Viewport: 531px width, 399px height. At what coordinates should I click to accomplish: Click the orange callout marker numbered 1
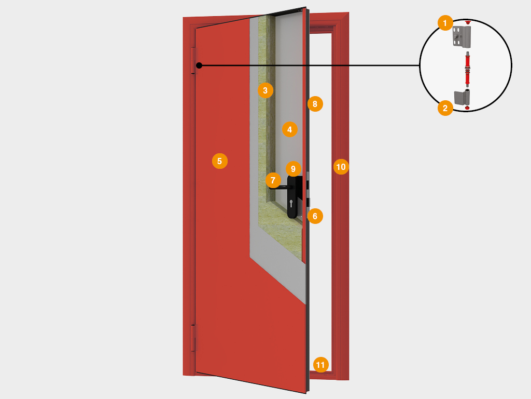tap(445, 23)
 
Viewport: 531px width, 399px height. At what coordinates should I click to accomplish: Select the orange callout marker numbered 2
tap(445, 108)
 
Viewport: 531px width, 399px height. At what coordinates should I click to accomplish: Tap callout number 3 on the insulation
tap(265, 90)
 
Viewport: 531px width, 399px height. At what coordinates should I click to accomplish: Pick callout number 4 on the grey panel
tap(289, 129)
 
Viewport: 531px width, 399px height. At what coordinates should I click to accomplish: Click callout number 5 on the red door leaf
tap(220, 161)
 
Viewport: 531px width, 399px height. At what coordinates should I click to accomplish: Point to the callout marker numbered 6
tap(315, 216)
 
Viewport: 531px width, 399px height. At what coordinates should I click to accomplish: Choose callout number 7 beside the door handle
tap(273, 180)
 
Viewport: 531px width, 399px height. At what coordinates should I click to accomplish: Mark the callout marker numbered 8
tap(315, 104)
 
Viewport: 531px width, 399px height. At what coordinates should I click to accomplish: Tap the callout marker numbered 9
tap(294, 169)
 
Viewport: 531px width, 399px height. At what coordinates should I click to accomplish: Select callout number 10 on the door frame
tap(341, 167)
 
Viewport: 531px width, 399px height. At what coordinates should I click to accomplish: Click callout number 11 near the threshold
tap(320, 365)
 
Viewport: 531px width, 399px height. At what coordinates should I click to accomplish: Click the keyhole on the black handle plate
tap(291, 204)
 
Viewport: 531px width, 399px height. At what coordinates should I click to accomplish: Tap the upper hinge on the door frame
tap(194, 61)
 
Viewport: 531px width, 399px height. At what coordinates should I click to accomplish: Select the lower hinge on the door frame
tap(194, 338)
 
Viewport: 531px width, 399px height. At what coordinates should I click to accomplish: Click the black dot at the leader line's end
tap(199, 65)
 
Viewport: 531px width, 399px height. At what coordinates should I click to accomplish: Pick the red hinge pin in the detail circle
tap(467, 70)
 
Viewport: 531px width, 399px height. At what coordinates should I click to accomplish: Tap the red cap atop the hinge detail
tap(468, 22)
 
